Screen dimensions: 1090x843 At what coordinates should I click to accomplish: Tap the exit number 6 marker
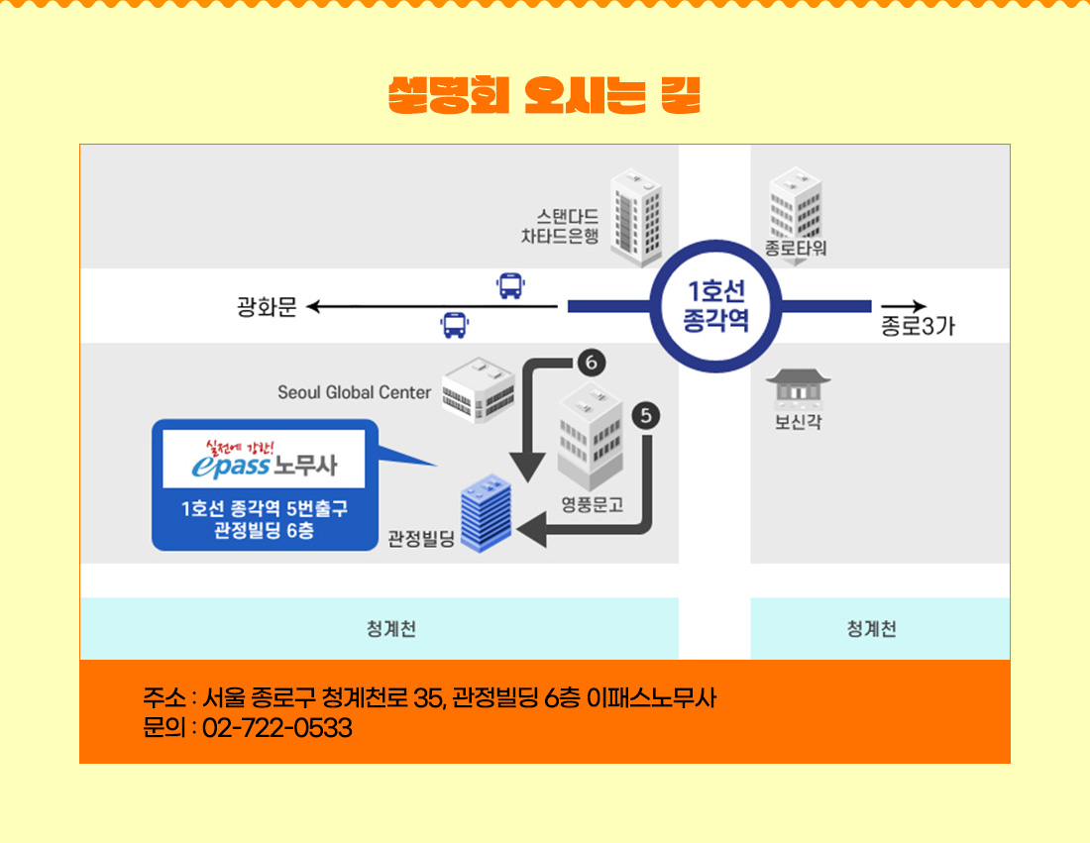click(592, 363)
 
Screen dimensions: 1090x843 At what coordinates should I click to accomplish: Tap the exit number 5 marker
click(646, 416)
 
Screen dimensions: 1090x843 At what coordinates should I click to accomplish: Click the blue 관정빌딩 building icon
click(486, 513)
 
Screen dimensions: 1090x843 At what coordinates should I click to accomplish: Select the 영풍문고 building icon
click(591, 437)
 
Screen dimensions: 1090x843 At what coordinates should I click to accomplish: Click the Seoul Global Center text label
click(355, 392)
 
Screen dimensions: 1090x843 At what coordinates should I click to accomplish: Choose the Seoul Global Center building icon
click(479, 390)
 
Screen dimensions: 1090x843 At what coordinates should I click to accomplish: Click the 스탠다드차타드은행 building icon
click(636, 218)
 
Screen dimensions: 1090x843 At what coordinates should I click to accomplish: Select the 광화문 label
click(267, 306)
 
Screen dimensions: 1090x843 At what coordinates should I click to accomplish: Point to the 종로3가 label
click(918, 325)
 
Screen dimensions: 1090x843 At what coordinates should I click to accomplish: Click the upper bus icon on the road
click(511, 285)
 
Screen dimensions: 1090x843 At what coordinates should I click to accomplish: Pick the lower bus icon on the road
click(455, 325)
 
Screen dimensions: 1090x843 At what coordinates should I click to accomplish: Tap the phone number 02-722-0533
click(277, 728)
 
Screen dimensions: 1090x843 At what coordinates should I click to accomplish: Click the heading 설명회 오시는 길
click(544, 95)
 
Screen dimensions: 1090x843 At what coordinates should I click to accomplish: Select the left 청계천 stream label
click(391, 629)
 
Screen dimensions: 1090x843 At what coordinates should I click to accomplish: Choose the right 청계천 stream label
click(872, 629)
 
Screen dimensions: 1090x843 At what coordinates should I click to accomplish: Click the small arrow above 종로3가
click(904, 306)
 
